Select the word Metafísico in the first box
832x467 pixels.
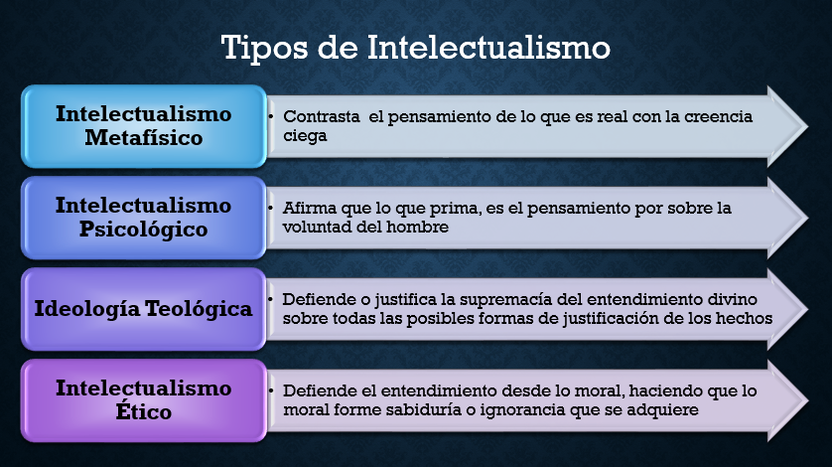tap(143, 138)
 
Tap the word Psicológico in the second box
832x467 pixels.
tap(144, 230)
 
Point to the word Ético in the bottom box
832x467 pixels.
tap(143, 410)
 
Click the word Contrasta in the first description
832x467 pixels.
tap(320, 117)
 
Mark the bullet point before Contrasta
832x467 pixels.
tap(272, 117)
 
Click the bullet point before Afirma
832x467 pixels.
tap(272, 208)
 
